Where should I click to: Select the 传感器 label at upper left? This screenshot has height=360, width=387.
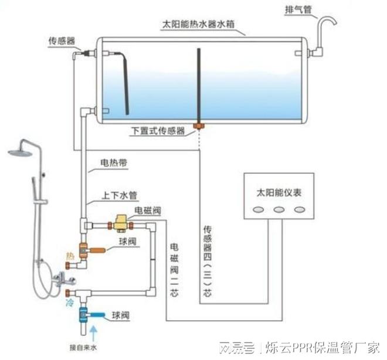pos(62,42)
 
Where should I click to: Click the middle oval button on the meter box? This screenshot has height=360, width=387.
pos(279,209)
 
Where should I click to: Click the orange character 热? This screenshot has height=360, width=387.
pos(71,256)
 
